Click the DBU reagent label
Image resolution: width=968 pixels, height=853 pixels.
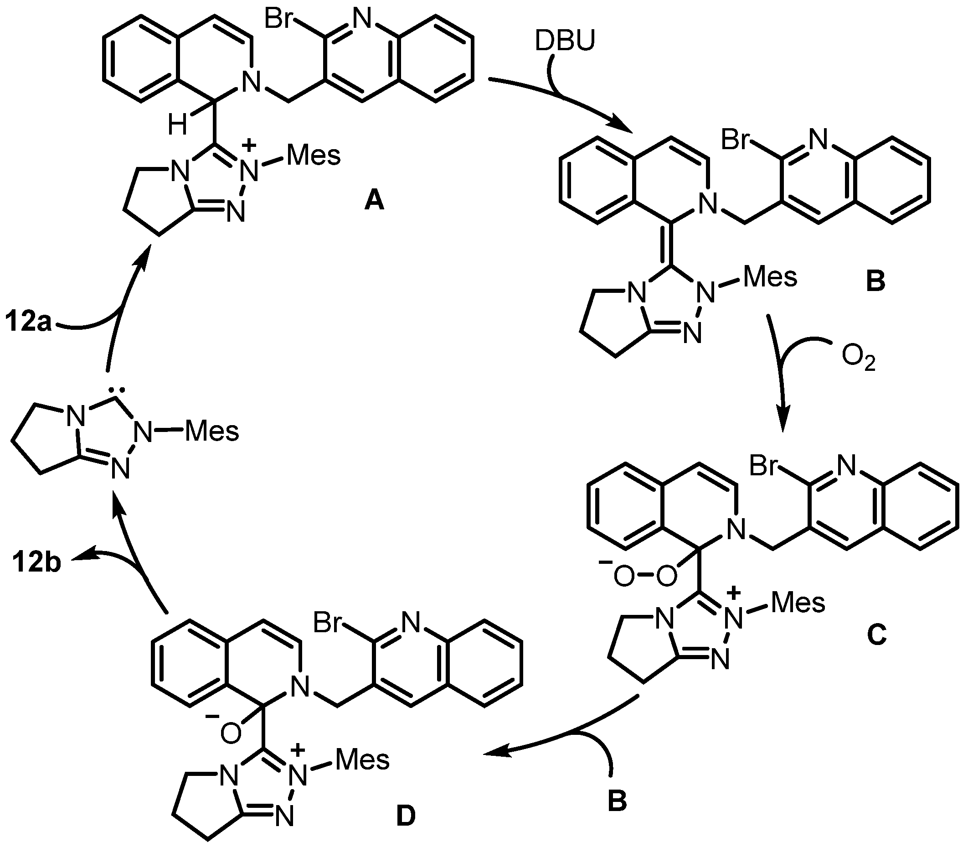click(x=565, y=41)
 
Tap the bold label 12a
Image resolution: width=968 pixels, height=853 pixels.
click(x=28, y=322)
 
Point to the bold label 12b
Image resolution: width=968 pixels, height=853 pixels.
click(x=36, y=562)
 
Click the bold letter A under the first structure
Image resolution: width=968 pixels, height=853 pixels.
click(x=374, y=202)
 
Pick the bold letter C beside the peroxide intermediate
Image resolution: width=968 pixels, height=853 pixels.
click(x=876, y=636)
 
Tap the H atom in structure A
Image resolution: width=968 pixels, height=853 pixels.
click(x=177, y=125)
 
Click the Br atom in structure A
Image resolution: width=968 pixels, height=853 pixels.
click(x=280, y=20)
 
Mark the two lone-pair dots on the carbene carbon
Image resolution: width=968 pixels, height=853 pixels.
click(x=117, y=390)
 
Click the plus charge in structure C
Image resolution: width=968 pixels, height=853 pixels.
click(x=734, y=592)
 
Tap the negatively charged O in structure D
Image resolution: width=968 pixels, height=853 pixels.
click(x=231, y=734)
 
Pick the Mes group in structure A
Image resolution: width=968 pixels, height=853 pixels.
click(x=314, y=155)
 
